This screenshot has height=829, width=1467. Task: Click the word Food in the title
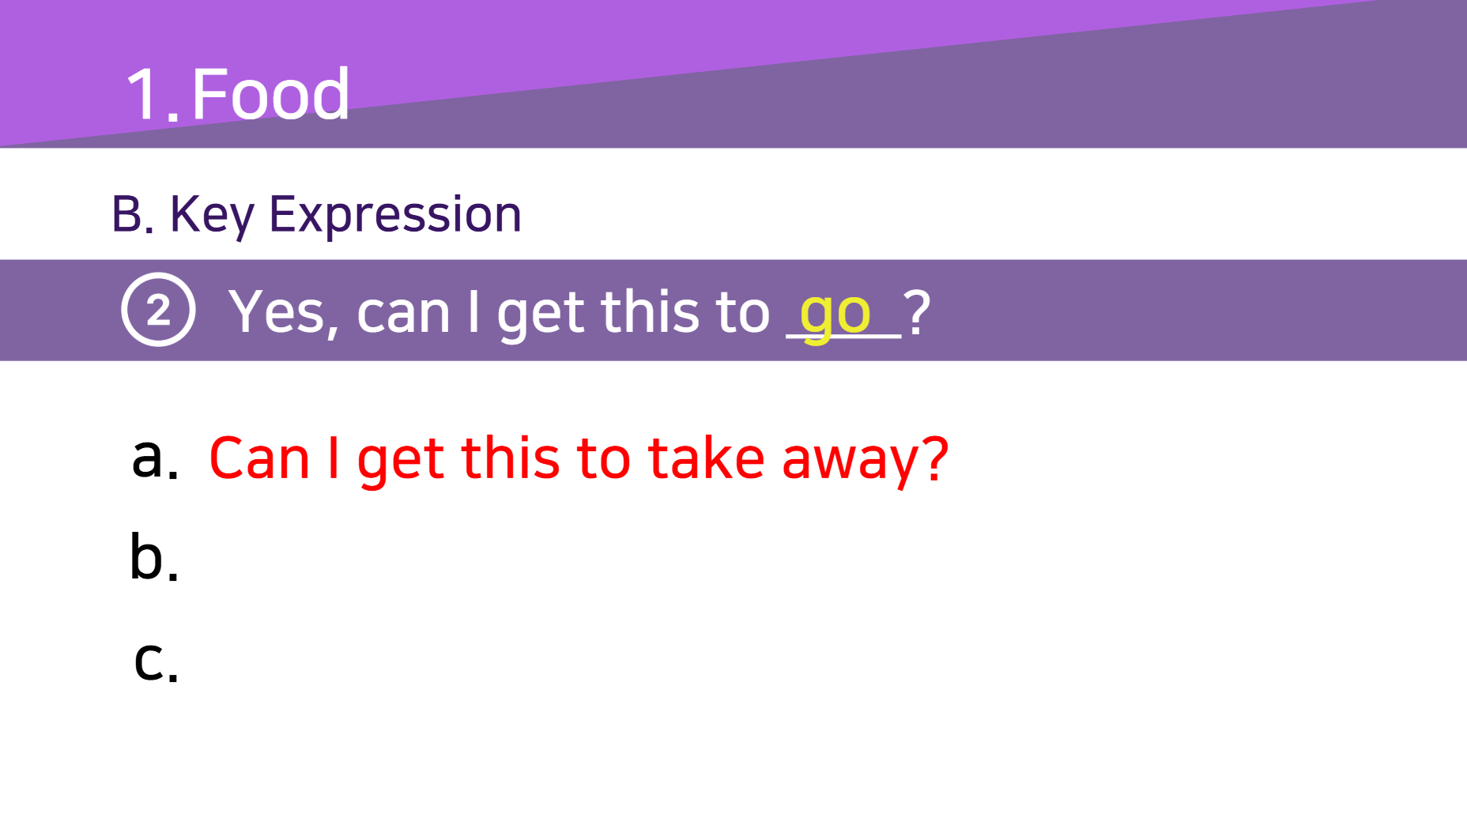pyautogui.click(x=270, y=94)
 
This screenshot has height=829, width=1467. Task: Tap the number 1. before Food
pyautogui.click(x=153, y=95)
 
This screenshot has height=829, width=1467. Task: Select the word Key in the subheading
pyautogui.click(x=212, y=215)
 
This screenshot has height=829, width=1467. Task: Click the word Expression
pyautogui.click(x=395, y=215)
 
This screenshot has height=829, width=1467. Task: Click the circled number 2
pyautogui.click(x=158, y=310)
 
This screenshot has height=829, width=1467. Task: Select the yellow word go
pyautogui.click(x=835, y=315)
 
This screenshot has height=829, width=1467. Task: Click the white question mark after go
pyautogui.click(x=917, y=311)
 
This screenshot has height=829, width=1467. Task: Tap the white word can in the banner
pyautogui.click(x=403, y=315)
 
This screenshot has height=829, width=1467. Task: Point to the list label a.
pyautogui.click(x=155, y=458)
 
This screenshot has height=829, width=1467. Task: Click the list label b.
pyautogui.click(x=154, y=557)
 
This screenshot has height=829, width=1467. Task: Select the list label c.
pyautogui.click(x=157, y=661)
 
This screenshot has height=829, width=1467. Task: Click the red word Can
pyautogui.click(x=259, y=458)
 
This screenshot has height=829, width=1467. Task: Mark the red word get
pyautogui.click(x=402, y=462)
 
